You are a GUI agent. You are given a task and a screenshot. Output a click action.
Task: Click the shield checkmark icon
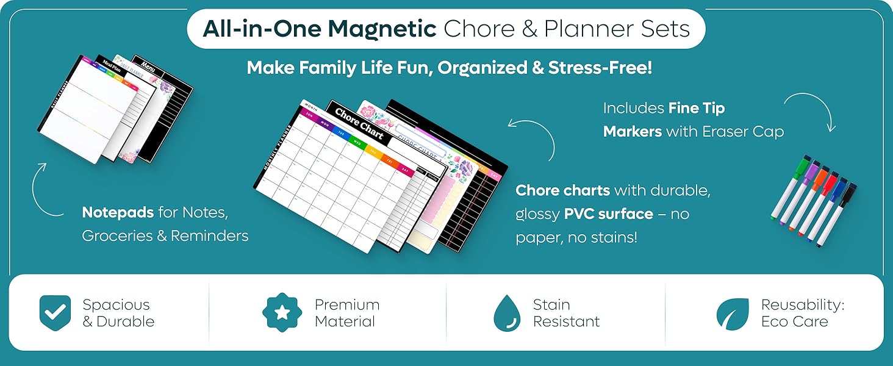(x=55, y=312)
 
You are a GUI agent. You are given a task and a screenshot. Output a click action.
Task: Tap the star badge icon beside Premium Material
(x=282, y=312)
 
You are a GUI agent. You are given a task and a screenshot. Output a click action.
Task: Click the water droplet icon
(x=507, y=312)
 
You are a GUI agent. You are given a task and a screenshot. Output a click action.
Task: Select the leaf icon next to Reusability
(x=732, y=314)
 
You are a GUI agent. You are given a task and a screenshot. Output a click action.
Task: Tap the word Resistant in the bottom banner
(x=566, y=321)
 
